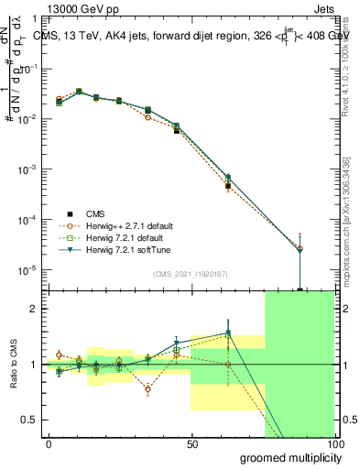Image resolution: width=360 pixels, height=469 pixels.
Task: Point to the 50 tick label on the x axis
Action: [x=191, y=443]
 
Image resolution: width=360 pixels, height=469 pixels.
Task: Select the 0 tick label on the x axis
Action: [x=49, y=443]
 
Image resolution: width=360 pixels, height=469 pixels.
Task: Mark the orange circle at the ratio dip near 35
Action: [x=148, y=389]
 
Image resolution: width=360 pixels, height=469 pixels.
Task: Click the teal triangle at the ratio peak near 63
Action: [x=227, y=333]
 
